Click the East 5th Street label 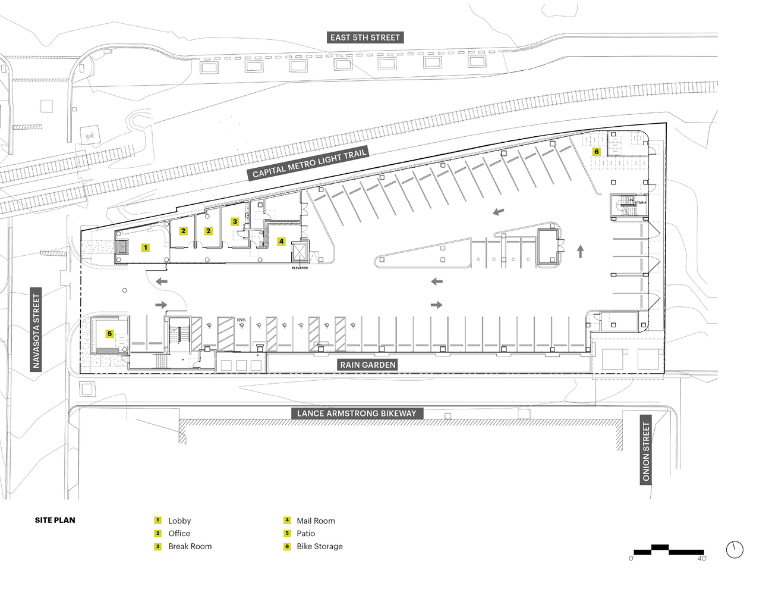tap(365, 37)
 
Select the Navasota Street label tap(37, 331)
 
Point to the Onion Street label tap(646, 452)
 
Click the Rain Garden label tap(367, 365)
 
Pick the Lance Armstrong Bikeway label tap(357, 414)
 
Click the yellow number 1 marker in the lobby tap(146, 248)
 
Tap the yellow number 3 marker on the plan tap(235, 221)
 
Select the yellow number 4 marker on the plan tap(281, 242)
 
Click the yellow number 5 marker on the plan tap(109, 334)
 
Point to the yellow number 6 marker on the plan tap(596, 152)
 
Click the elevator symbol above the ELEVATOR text tap(300, 252)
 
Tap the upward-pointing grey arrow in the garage tap(580, 251)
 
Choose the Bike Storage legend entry tap(319, 546)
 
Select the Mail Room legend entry tap(316, 521)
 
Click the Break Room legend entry tap(190, 546)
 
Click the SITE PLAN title tap(55, 520)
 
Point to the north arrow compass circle tap(735, 550)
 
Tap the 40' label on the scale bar tap(701, 559)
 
